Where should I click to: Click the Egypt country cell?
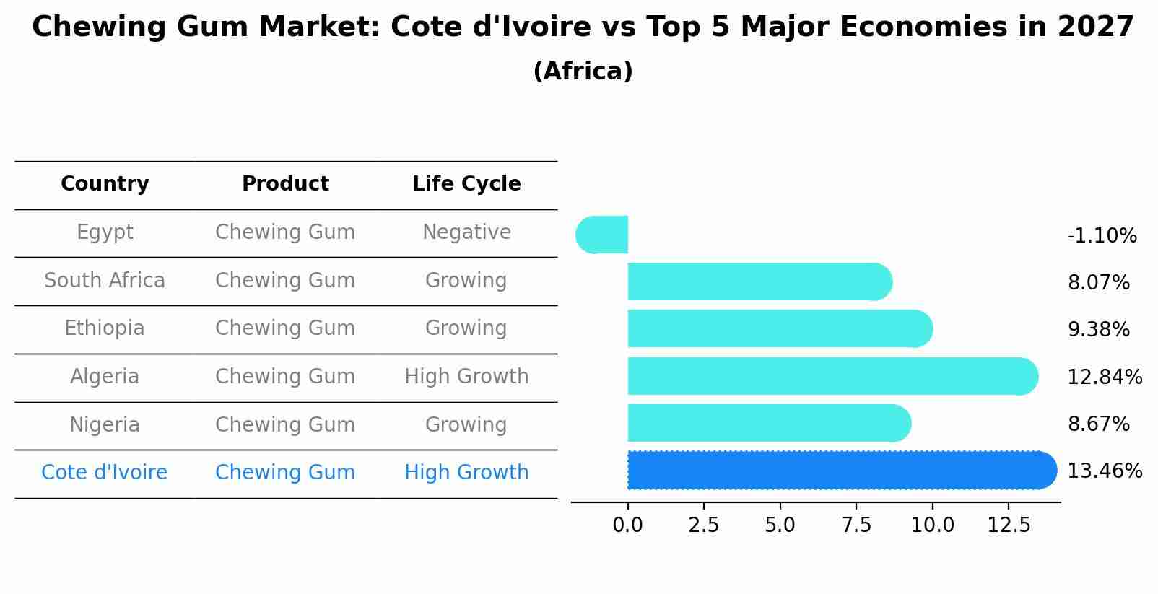tap(105, 232)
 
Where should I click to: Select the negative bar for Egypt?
tap(603, 235)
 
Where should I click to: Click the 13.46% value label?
tap(1105, 471)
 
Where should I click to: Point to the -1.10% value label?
tap(1102, 236)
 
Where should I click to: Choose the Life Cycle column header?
tap(466, 184)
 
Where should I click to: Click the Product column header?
tap(285, 184)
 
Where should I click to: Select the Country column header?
tap(105, 184)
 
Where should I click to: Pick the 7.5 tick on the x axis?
tap(856, 525)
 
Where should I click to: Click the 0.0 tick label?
tap(627, 525)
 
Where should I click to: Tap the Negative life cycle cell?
tap(466, 232)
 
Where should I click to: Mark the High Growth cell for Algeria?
tap(466, 377)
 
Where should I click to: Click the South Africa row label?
tap(105, 281)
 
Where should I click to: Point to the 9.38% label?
tap(1098, 330)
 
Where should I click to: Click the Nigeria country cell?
tap(105, 425)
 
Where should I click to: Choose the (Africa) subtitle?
tap(583, 71)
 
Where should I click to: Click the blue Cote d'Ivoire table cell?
tap(105, 473)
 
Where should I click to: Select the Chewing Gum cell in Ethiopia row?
tap(285, 328)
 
